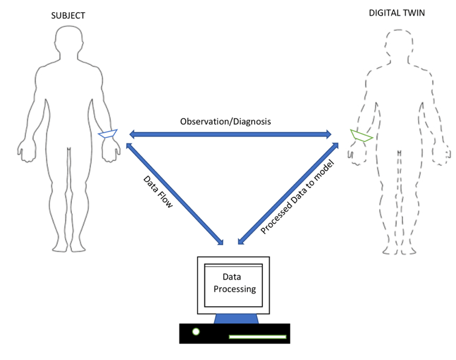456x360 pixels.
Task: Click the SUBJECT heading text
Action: [68, 15]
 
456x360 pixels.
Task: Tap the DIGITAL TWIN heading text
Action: [397, 13]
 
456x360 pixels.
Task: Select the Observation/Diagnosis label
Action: [226, 122]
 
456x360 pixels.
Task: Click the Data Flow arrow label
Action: [158, 192]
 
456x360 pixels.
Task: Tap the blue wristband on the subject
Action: [108, 134]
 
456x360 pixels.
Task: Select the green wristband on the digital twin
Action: [362, 136]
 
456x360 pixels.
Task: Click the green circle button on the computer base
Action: [195, 332]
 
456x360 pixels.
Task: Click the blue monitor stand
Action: [233, 318]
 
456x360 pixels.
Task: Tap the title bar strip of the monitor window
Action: [233, 266]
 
